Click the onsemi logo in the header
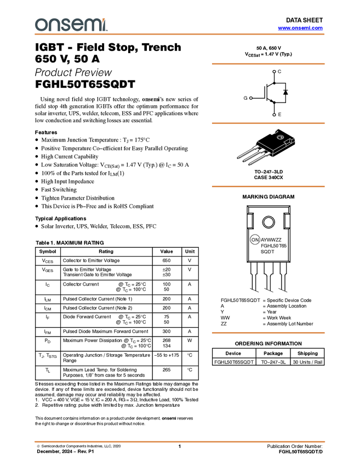coord(71,25)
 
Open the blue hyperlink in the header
coord(300,28)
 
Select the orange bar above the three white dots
coord(268,64)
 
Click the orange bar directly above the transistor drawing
coord(268,123)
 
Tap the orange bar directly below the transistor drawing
coord(268,186)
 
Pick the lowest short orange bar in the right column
coord(268,333)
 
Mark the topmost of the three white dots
coord(274,72)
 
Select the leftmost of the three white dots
coord(251,98)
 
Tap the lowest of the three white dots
coord(274,115)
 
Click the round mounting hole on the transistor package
coord(279,137)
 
